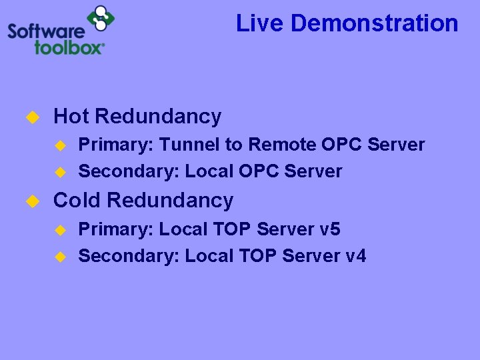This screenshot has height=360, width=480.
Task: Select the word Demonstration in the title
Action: pyautogui.click(x=375, y=23)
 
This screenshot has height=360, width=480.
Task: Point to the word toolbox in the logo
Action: pyautogui.click(x=70, y=47)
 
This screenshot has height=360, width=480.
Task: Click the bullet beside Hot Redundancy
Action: pyautogui.click(x=30, y=117)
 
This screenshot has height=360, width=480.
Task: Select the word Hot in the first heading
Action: pyautogui.click(x=71, y=117)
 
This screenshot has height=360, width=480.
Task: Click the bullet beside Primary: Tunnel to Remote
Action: pyautogui.click(x=59, y=145)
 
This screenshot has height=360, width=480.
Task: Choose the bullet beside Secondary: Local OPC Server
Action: pyautogui.click(x=59, y=172)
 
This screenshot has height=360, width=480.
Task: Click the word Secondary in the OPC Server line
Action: pyautogui.click(x=129, y=171)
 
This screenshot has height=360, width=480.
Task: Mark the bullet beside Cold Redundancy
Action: pyautogui.click(x=30, y=201)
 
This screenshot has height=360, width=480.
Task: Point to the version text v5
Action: pyautogui.click(x=329, y=229)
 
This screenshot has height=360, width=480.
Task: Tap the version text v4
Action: pyautogui.click(x=355, y=255)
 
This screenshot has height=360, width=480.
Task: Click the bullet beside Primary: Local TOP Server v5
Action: pyautogui.click(x=59, y=230)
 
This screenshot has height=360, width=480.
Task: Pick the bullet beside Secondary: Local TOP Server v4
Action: pyautogui.click(x=59, y=256)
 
